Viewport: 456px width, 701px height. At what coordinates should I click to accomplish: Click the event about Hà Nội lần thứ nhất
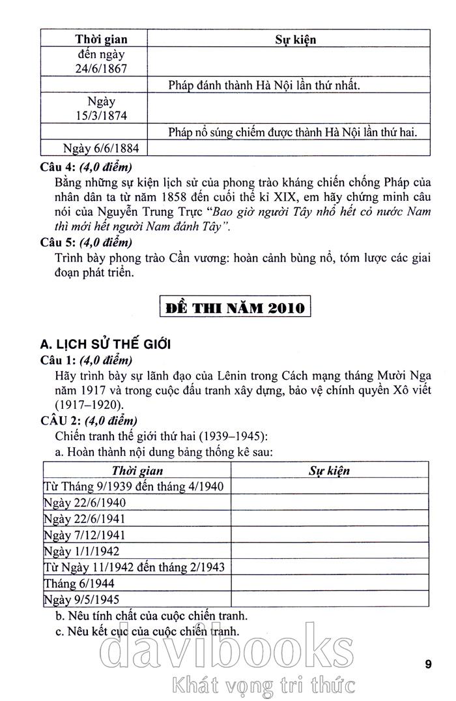(264, 85)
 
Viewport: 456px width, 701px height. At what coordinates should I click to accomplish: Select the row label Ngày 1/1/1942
(80, 551)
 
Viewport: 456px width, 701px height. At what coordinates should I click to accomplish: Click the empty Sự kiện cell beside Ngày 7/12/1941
(329, 535)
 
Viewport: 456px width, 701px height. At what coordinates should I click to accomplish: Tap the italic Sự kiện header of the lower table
(329, 470)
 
